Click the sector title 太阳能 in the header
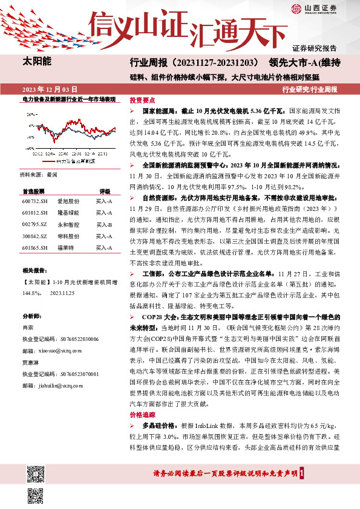click(x=37, y=62)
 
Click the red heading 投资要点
click(x=143, y=100)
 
